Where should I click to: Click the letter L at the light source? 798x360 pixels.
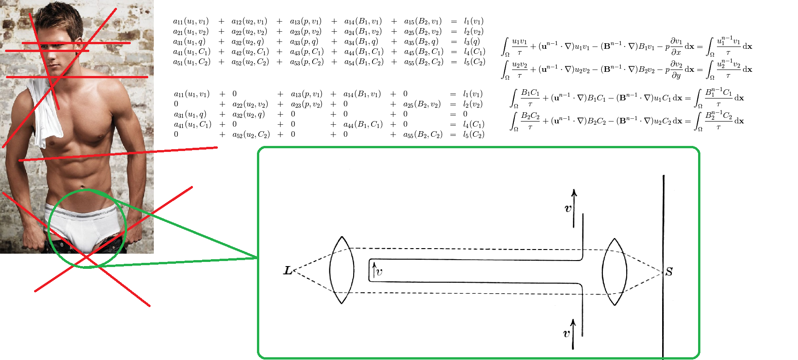[x=288, y=271]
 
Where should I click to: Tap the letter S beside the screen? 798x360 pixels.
[x=669, y=272]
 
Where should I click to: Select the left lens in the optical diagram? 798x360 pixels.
[x=342, y=270]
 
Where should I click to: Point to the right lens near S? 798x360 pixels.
[x=614, y=272]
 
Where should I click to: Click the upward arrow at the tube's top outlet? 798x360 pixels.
[x=574, y=208]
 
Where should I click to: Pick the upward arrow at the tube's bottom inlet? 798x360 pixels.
[x=573, y=334]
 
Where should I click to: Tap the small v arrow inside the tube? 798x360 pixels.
[x=374, y=270]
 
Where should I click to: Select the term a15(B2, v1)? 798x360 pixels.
[x=423, y=21]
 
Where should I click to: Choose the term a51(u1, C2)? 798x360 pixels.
[x=192, y=62]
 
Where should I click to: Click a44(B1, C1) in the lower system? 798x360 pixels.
[x=363, y=124]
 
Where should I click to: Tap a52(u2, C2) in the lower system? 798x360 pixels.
[x=251, y=134]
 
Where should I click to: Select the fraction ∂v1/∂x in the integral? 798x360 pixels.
[x=676, y=46]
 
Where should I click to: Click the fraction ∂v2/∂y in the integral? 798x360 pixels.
[x=676, y=69]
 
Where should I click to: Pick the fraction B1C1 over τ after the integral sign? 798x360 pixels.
[x=530, y=98]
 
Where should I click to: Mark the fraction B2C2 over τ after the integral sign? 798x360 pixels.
[x=530, y=121]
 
